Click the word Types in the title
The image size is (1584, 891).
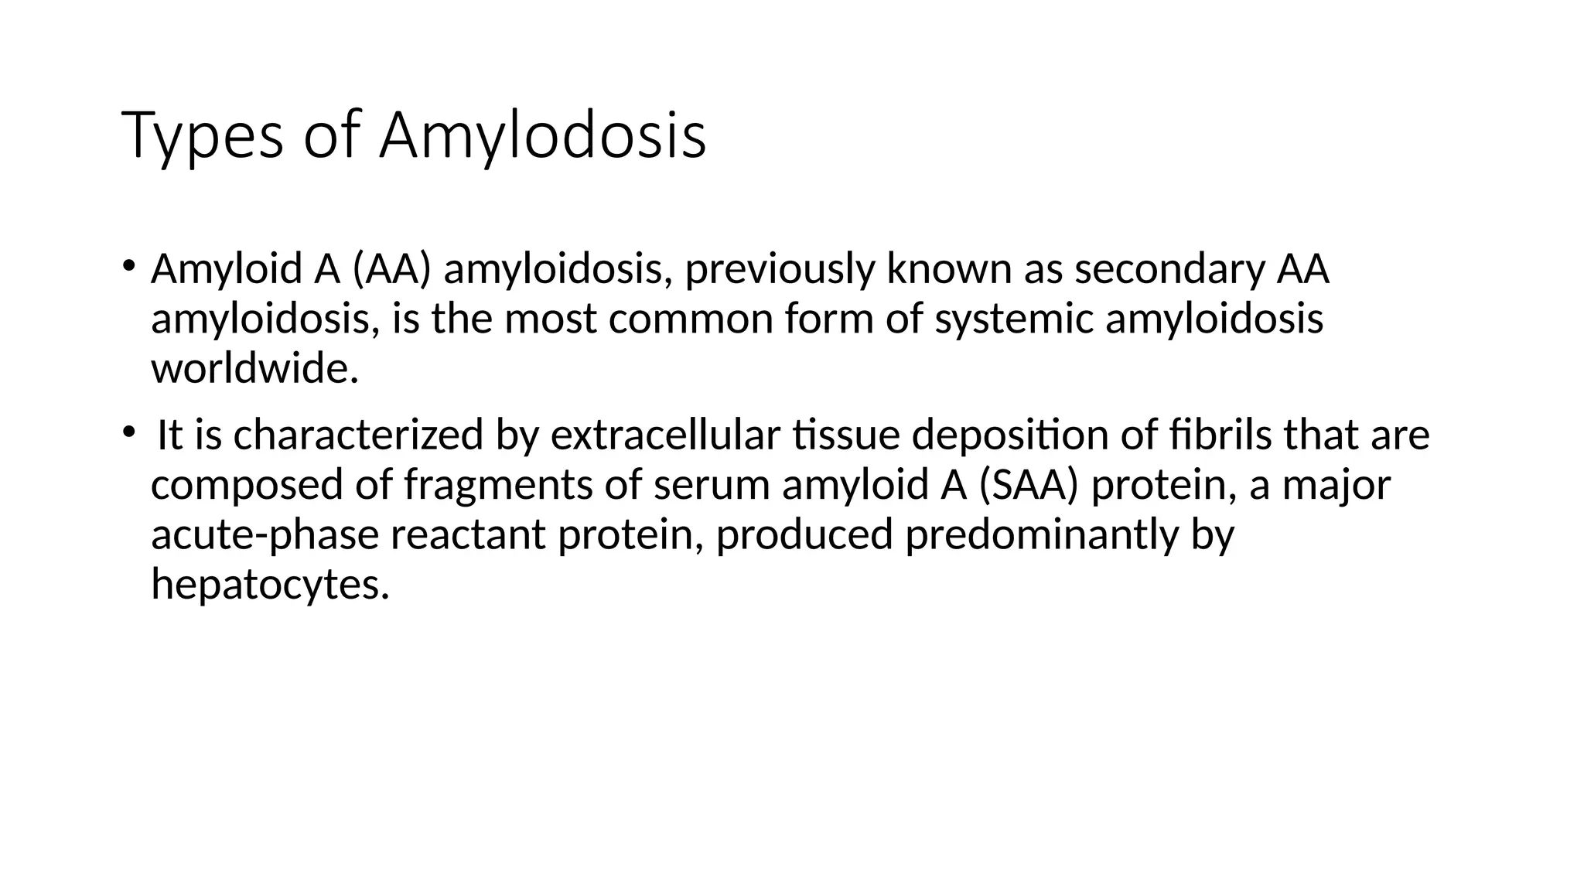[x=203, y=136]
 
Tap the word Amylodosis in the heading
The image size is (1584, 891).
[x=542, y=136]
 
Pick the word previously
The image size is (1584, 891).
[x=780, y=270]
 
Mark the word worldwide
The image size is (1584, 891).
[x=254, y=368]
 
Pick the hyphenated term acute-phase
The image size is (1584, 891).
[x=265, y=535]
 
